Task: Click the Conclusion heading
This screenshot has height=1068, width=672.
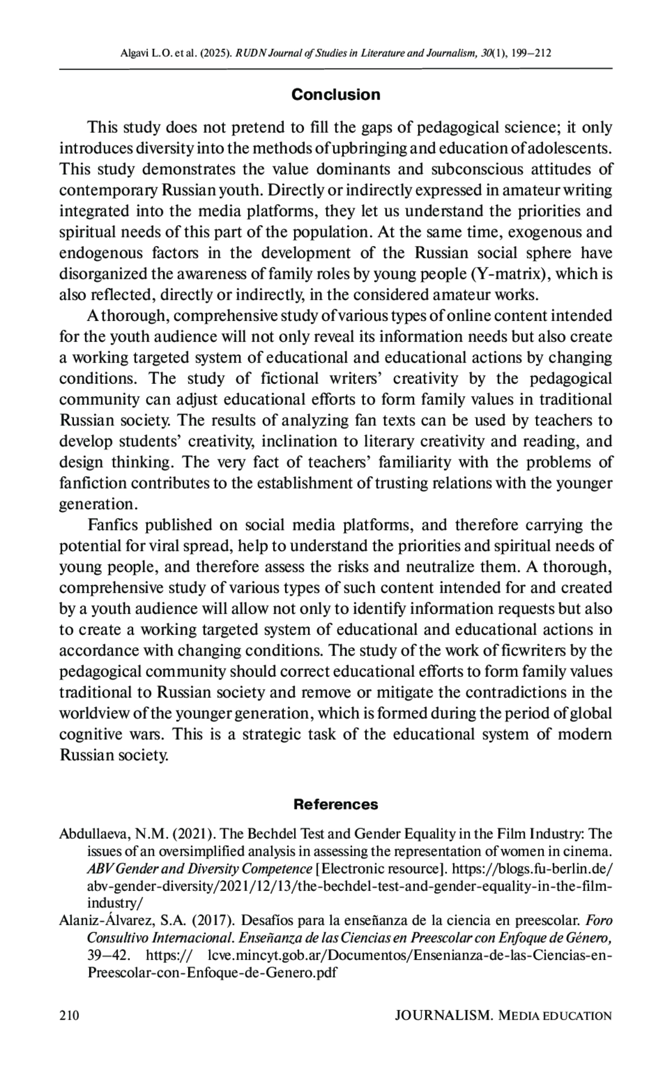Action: pos(335,94)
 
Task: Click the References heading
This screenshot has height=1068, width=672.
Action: pos(336,805)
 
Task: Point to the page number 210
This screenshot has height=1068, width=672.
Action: pos(69,1015)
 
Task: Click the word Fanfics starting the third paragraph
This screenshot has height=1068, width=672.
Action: pos(114,525)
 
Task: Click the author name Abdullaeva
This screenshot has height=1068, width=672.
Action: pos(93,834)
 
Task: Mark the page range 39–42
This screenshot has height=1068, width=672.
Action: pos(109,955)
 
